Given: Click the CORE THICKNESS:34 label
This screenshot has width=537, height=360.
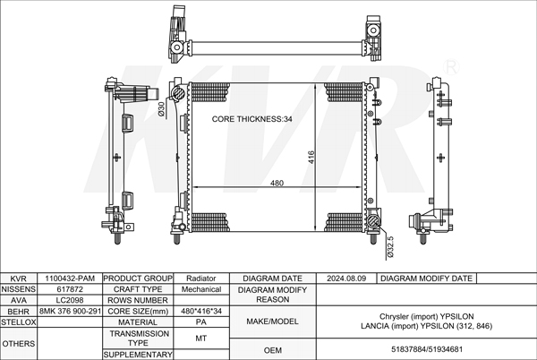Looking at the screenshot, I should (x=252, y=119).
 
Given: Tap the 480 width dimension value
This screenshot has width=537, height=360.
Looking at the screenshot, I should (x=277, y=183).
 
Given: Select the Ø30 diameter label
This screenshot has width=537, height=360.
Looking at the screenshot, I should (x=162, y=108).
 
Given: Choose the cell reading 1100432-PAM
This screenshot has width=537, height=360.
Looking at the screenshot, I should (x=71, y=279).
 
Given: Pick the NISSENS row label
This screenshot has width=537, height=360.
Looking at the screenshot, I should (x=18, y=289).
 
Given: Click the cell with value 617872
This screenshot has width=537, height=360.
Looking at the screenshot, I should (x=71, y=289).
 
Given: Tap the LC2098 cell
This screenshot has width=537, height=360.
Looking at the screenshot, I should (x=71, y=300).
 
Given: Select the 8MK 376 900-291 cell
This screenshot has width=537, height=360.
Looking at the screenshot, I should (x=71, y=311).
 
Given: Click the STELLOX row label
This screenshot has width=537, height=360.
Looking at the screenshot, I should (x=18, y=321).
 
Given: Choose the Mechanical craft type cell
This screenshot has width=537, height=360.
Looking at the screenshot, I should (x=201, y=289).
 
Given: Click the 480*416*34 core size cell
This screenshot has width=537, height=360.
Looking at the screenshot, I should (x=201, y=311).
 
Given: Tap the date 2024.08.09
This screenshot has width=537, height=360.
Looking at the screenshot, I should (x=347, y=279).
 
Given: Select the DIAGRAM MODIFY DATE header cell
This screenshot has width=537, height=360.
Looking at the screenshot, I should (x=426, y=279).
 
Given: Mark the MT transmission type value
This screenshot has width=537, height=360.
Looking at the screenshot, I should (x=201, y=338).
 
